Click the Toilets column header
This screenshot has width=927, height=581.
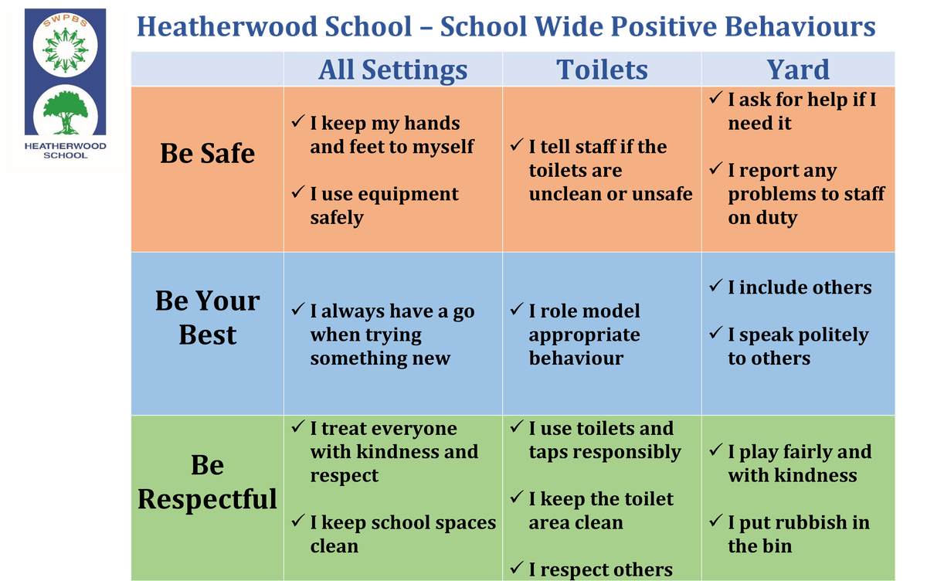(x=602, y=69)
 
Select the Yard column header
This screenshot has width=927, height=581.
(x=798, y=70)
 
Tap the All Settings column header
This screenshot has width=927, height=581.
(x=392, y=70)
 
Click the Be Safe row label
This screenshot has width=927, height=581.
(x=207, y=153)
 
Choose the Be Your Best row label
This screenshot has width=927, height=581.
(x=207, y=317)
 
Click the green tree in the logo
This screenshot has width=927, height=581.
(x=66, y=112)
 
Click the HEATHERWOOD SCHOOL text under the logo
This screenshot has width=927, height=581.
(x=66, y=151)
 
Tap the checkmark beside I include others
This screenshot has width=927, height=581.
(x=715, y=286)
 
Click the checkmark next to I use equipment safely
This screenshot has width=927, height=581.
(x=298, y=192)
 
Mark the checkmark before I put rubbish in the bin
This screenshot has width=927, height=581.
(x=715, y=520)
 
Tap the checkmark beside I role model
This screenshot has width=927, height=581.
(x=517, y=309)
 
